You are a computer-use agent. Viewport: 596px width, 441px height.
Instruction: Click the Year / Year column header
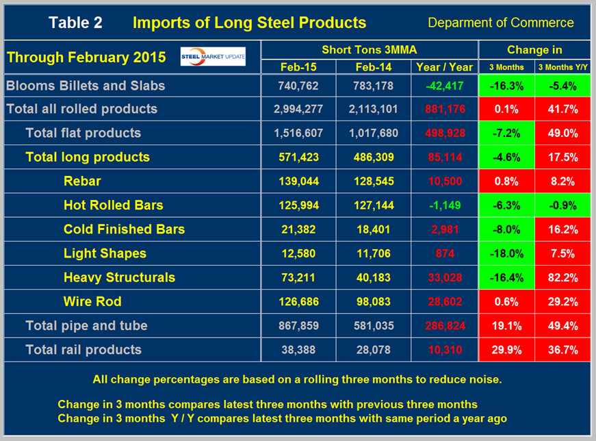pyautogui.click(x=443, y=66)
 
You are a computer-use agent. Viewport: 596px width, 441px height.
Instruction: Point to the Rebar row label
pyautogui.click(x=82, y=181)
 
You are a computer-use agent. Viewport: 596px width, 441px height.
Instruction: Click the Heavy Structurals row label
pyautogui.click(x=119, y=277)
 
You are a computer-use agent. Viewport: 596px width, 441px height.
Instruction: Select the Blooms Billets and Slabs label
pyautogui.click(x=85, y=86)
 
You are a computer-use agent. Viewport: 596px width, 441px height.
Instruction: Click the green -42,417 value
pyautogui.click(x=443, y=86)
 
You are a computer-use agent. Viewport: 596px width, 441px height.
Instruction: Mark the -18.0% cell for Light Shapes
pyautogui.click(x=508, y=253)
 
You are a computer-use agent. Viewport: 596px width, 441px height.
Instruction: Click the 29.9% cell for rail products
pyautogui.click(x=508, y=349)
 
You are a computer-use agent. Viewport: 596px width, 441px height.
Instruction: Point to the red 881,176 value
pyautogui.click(x=443, y=110)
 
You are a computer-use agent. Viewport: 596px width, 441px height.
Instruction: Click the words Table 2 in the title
pyautogui.click(x=75, y=23)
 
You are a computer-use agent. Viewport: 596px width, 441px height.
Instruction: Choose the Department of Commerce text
pyautogui.click(x=500, y=23)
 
